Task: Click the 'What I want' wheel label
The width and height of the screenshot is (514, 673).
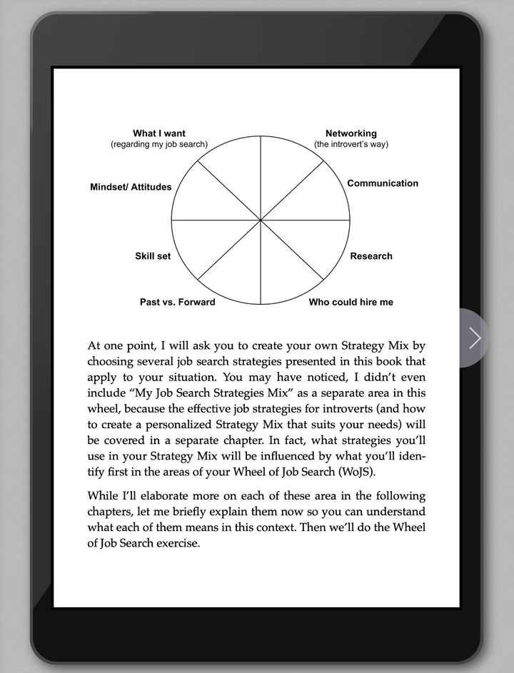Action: [158, 133]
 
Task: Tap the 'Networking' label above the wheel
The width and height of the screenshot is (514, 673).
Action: [351, 133]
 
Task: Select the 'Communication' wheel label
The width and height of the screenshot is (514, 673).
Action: [383, 183]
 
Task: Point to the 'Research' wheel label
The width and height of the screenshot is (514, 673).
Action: [371, 256]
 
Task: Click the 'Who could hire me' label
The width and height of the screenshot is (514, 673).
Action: [351, 302]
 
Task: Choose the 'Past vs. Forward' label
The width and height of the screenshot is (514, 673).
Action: [177, 302]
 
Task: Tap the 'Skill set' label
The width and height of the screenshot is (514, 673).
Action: [153, 256]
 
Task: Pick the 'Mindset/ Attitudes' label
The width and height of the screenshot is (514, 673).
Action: [131, 187]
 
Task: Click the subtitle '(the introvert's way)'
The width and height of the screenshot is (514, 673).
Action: [351, 144]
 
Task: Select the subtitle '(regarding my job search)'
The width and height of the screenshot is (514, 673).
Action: [159, 144]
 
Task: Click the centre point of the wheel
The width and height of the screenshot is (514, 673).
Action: [261, 220]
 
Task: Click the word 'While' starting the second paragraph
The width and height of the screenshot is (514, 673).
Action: [103, 496]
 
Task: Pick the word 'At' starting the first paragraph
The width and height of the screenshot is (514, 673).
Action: [94, 346]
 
